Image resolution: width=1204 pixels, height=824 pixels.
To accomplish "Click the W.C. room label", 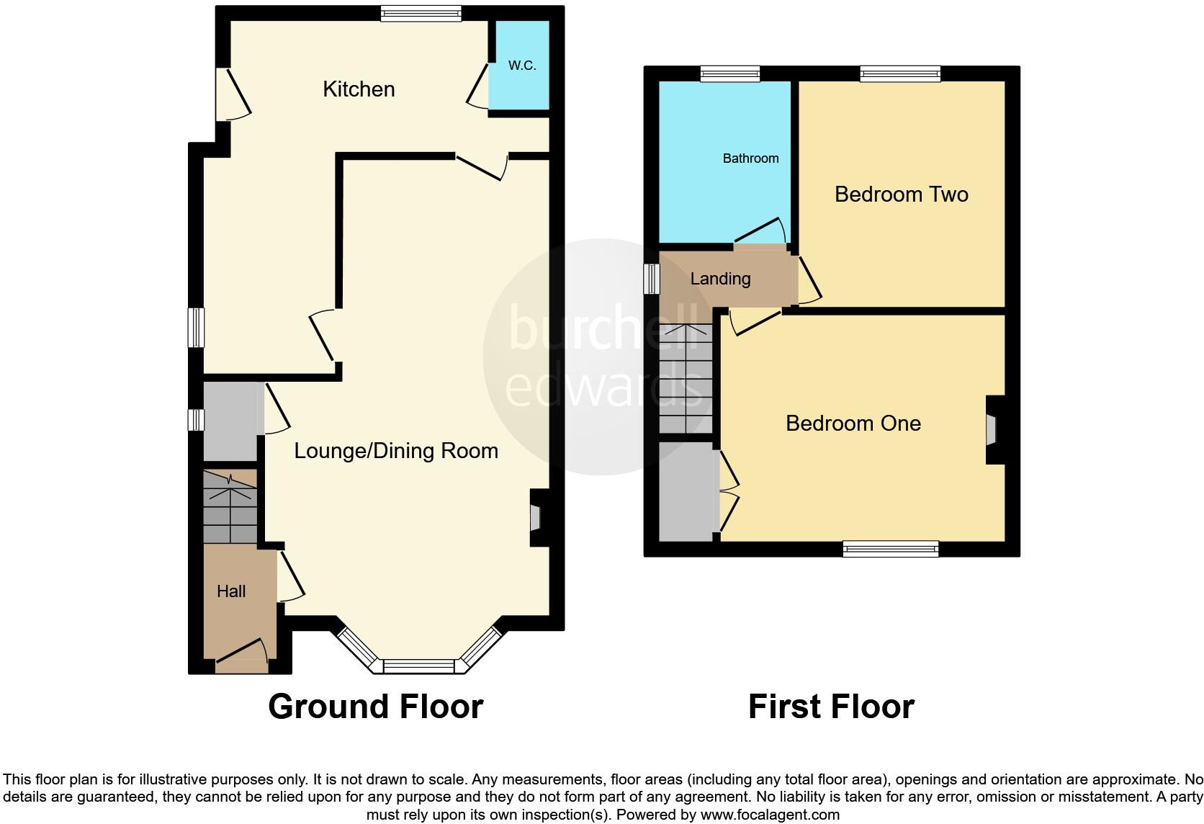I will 522,66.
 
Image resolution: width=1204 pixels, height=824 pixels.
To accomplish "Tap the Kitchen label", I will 359,89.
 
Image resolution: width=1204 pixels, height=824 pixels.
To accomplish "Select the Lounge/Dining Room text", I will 396,451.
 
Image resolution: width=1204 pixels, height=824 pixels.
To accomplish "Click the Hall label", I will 231,591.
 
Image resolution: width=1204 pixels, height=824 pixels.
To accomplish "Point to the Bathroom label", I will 750,158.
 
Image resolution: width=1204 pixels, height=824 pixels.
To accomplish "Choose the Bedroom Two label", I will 901,194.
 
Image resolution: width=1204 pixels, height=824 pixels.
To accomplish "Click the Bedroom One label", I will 853,424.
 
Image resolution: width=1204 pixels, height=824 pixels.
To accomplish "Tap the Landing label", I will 720,279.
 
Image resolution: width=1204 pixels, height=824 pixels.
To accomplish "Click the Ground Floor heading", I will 375,707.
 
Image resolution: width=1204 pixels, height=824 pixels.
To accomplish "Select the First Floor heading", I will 831,707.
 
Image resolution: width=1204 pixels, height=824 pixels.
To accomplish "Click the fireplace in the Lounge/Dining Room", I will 535,518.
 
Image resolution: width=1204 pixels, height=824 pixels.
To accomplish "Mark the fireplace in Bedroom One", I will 992,430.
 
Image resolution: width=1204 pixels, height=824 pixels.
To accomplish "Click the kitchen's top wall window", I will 421,14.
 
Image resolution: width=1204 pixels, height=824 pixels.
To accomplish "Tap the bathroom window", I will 730,73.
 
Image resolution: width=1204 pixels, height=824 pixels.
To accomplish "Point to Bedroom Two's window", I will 900,73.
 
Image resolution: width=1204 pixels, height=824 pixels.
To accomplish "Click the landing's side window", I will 652,279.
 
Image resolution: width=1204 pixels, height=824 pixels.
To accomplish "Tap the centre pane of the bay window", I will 419,666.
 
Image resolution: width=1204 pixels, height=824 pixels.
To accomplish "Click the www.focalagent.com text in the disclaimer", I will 770,815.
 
